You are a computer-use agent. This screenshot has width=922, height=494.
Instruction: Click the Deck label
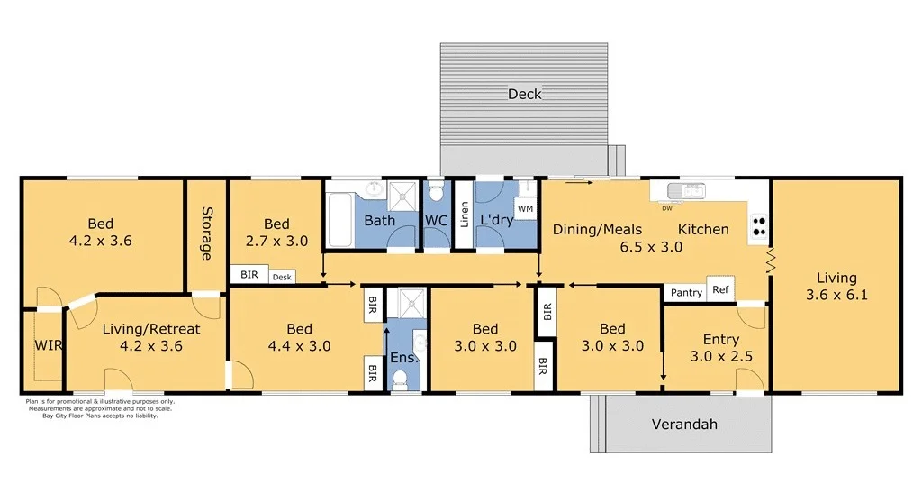click(x=524, y=94)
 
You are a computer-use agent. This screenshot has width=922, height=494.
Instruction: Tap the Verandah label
click(x=684, y=424)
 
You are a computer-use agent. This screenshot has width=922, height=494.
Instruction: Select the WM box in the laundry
click(x=525, y=209)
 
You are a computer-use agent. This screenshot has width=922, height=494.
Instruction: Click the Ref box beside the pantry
click(x=720, y=289)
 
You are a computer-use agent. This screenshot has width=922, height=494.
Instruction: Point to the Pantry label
click(x=686, y=292)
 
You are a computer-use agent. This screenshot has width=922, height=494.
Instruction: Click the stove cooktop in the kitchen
click(x=759, y=224)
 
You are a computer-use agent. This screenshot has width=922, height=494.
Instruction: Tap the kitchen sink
click(x=692, y=190)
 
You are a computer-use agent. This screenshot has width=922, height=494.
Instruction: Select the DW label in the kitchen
click(x=667, y=208)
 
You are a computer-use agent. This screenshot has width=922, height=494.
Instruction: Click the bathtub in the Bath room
click(x=340, y=219)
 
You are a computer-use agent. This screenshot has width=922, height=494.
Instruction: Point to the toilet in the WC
click(x=437, y=192)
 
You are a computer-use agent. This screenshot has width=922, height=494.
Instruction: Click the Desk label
click(x=282, y=278)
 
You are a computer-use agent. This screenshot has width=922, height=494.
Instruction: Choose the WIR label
click(x=48, y=345)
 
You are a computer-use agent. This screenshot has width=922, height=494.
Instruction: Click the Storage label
click(x=206, y=233)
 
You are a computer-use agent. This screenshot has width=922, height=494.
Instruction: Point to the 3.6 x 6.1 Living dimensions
click(x=836, y=294)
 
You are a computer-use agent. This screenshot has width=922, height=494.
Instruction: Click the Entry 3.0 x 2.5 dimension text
click(x=720, y=356)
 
